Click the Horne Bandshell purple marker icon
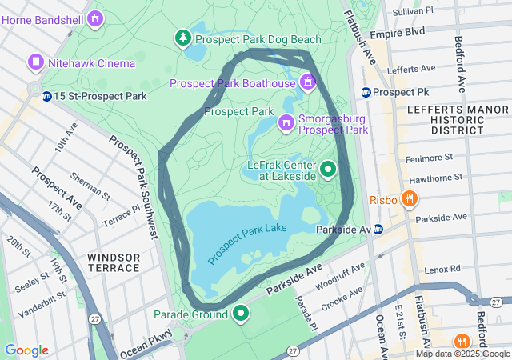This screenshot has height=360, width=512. (x=96, y=17)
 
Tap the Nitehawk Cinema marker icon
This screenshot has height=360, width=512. (x=35, y=62)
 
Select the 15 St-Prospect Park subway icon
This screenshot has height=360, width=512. (x=47, y=96)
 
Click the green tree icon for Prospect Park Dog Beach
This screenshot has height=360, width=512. (x=184, y=38)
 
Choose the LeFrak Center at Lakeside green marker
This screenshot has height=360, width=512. (x=328, y=169)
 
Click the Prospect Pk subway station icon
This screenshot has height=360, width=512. (x=366, y=92)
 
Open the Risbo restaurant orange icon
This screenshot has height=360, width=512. (x=409, y=199)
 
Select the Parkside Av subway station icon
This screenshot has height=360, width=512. (x=378, y=230)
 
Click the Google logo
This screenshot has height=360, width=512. (x=26, y=350)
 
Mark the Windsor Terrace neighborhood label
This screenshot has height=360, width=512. (x=114, y=262)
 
